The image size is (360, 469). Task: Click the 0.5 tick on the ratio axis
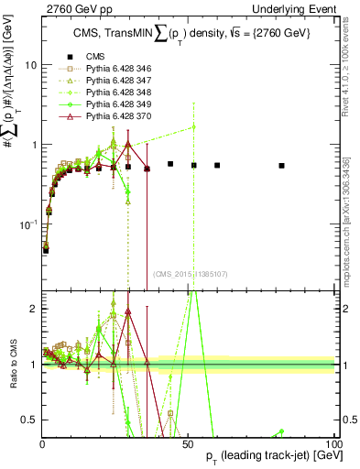(x=27, y=420)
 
